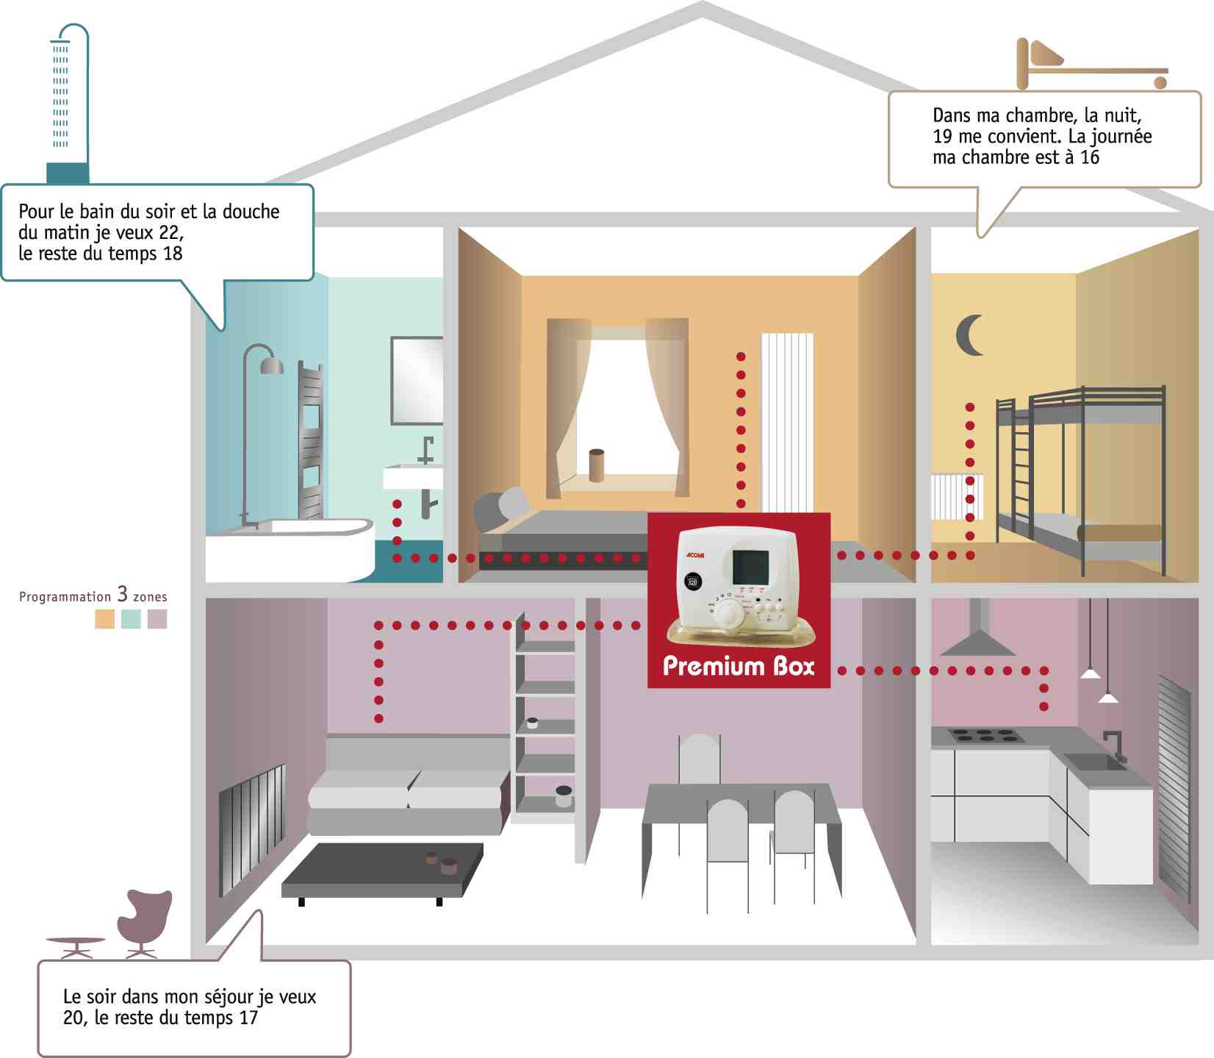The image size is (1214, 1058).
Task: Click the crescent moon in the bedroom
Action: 968,335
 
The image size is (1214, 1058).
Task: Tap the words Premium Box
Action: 739,666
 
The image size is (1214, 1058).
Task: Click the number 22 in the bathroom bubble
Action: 170,233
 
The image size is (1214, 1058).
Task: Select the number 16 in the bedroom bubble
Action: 1089,157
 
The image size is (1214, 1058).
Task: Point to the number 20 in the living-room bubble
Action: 73,1018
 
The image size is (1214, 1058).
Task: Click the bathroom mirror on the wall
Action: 417,380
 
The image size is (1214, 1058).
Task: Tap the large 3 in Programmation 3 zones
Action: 122,594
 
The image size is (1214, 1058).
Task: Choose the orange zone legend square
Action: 104,619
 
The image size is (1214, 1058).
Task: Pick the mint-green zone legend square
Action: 131,619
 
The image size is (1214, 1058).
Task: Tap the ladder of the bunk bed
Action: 1022,471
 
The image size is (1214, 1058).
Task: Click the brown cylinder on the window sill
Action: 597,465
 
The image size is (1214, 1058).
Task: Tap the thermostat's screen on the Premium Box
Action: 750,565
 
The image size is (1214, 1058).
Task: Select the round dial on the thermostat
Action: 730,613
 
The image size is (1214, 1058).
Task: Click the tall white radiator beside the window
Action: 787,423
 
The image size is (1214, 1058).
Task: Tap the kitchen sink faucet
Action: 1116,744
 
